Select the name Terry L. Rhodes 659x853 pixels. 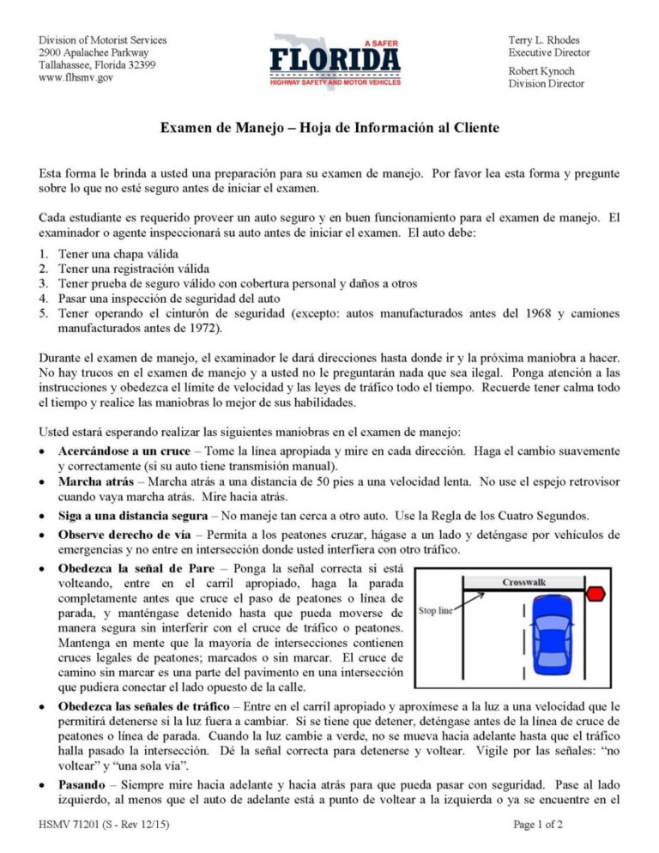543,40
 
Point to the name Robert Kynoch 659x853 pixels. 541,70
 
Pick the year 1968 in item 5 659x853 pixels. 508,314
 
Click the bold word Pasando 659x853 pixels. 82,784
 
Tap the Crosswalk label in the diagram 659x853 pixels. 523,583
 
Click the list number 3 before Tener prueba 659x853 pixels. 43,283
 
